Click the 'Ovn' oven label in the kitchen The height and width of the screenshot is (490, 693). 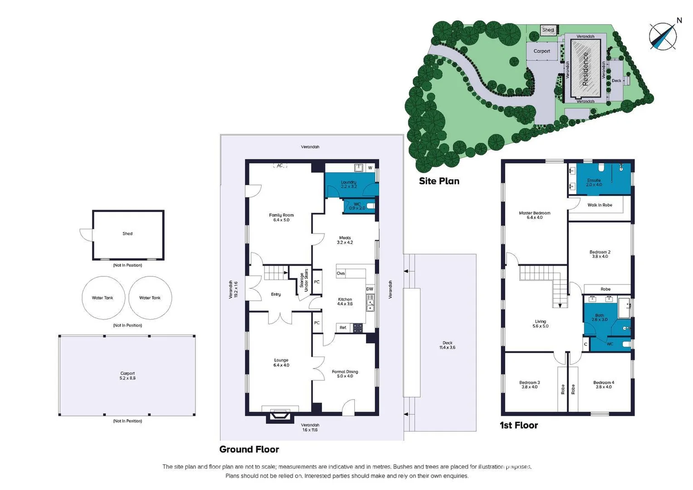click(x=341, y=274)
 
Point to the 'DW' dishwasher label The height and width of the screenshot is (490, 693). click(x=370, y=289)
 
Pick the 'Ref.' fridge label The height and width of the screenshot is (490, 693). click(x=343, y=328)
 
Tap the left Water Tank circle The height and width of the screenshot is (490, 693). click(x=103, y=298)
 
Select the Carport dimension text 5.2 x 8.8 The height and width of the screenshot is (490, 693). click(x=127, y=378)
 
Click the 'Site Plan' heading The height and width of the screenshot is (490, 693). click(x=439, y=181)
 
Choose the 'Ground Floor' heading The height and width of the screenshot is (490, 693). click(x=249, y=449)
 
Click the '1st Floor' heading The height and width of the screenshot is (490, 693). click(x=519, y=425)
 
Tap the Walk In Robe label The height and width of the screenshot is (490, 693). click(x=600, y=205)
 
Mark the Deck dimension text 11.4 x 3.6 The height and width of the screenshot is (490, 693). click(x=447, y=348)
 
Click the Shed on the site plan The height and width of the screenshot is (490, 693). click(x=548, y=30)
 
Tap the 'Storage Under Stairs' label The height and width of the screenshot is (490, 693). click(x=304, y=280)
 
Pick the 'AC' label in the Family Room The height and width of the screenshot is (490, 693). click(x=280, y=166)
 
